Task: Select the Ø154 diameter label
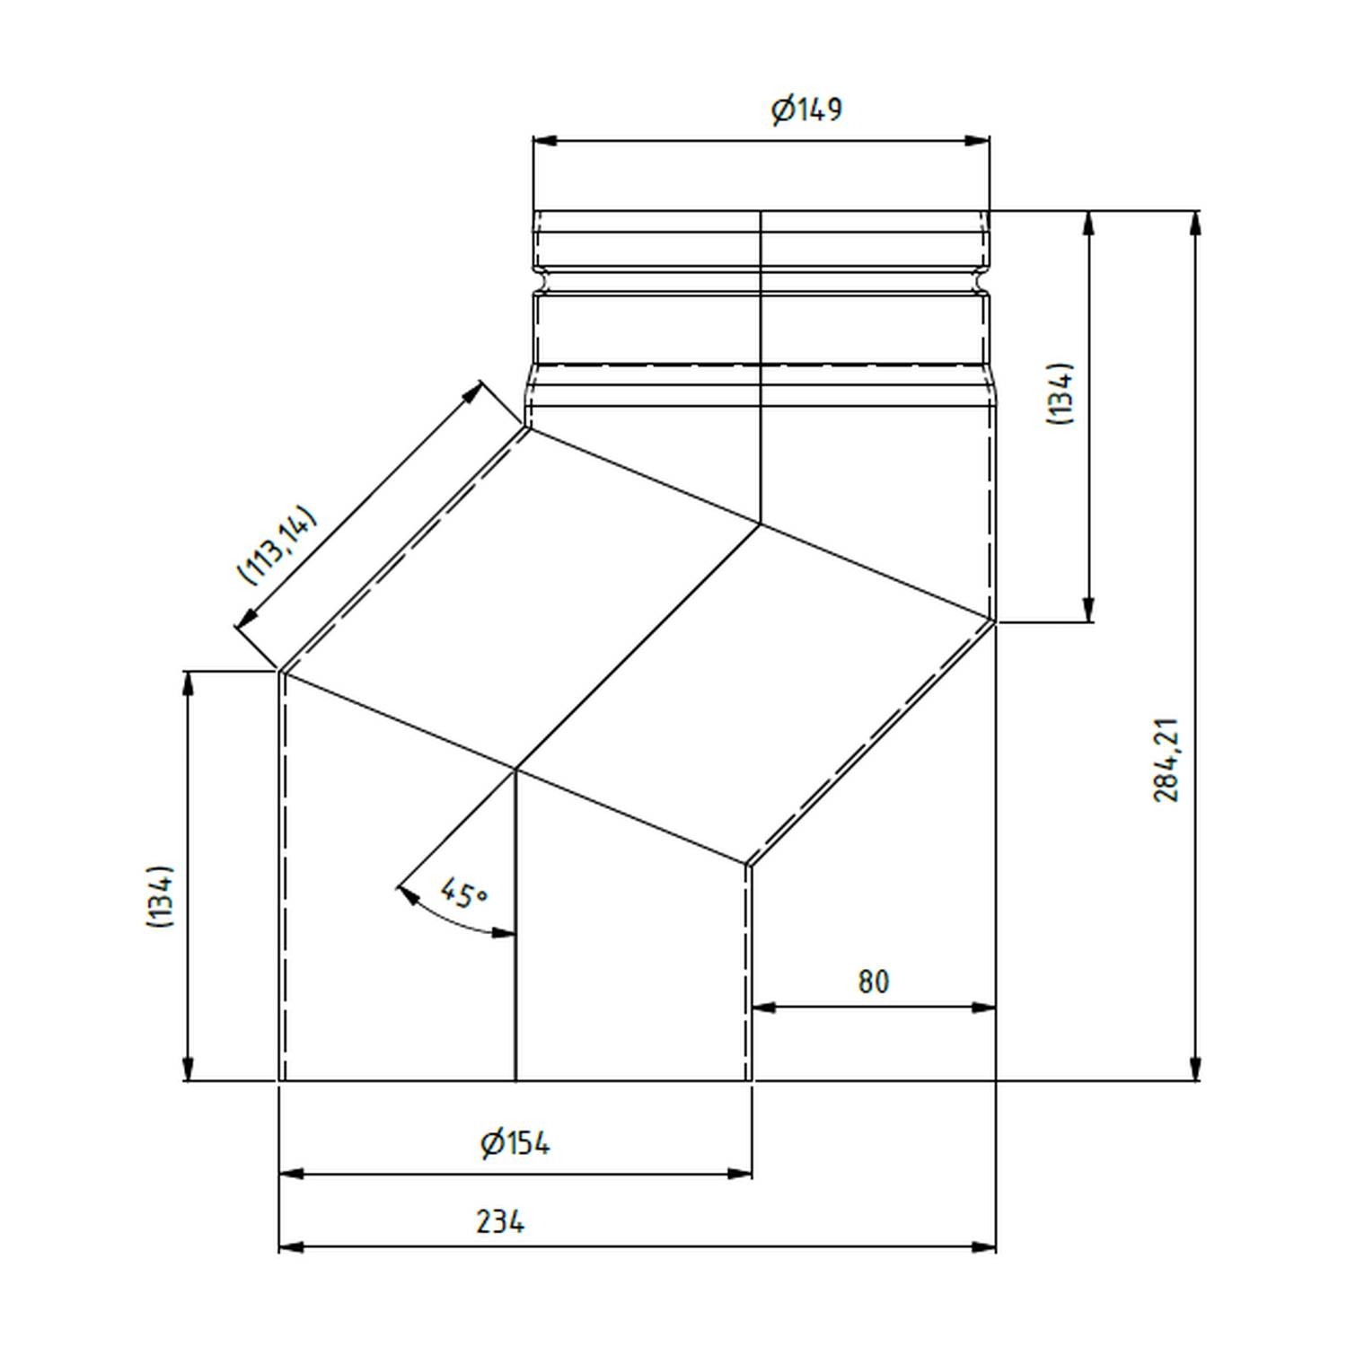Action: [x=515, y=1144]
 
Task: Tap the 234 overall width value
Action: [x=500, y=1222]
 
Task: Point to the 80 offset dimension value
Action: [x=873, y=982]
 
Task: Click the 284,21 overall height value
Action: [x=1167, y=760]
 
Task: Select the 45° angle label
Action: [x=463, y=894]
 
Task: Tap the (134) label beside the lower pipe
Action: [x=160, y=897]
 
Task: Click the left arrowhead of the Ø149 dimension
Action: [x=544, y=141]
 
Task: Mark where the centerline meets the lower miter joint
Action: [x=515, y=770]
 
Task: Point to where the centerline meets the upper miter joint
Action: [x=761, y=524]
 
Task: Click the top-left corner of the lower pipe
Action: [x=280, y=671]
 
